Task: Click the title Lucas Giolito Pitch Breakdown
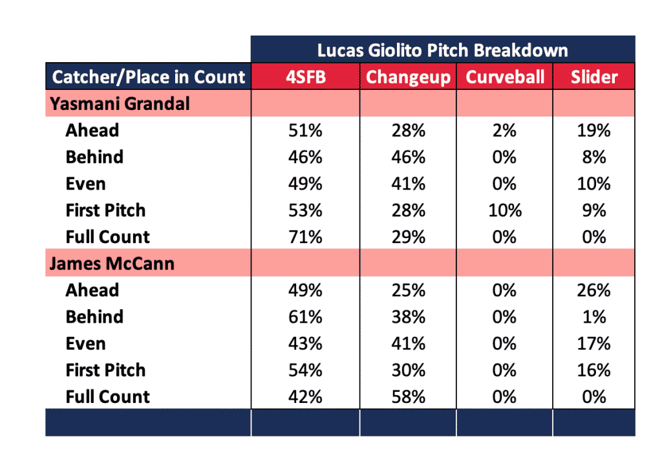[x=442, y=50]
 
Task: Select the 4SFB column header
[x=306, y=77]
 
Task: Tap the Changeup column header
[x=408, y=78]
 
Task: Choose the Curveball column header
[x=505, y=77]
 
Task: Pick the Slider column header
[x=594, y=77]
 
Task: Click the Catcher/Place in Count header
[x=148, y=77]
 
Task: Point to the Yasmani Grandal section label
[x=120, y=103]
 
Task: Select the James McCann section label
[x=112, y=263]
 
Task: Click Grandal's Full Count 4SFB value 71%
[x=305, y=237]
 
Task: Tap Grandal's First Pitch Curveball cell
[x=505, y=210]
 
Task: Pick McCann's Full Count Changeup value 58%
[x=409, y=397]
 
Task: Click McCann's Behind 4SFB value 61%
[x=305, y=317]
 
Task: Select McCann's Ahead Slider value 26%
[x=593, y=290]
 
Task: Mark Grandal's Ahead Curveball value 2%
[x=504, y=131]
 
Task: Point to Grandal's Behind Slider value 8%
[x=594, y=157]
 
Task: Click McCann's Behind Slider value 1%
[x=594, y=317]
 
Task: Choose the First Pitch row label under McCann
[x=105, y=371]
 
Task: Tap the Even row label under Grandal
[x=86, y=184]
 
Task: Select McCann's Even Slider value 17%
[x=593, y=343]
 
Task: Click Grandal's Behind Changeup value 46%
[x=409, y=157]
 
